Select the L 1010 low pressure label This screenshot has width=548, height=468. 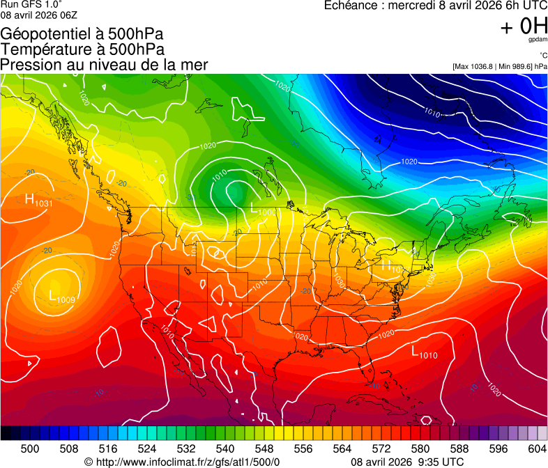(424, 353)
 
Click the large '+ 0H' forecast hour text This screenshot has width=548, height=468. (524, 27)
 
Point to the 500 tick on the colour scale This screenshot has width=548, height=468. (30, 448)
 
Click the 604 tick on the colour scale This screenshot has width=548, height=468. (538, 448)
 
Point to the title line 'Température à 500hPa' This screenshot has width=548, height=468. (82, 49)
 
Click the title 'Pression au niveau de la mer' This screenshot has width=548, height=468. (104, 65)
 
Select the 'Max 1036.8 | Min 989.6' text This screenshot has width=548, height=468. (494, 66)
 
